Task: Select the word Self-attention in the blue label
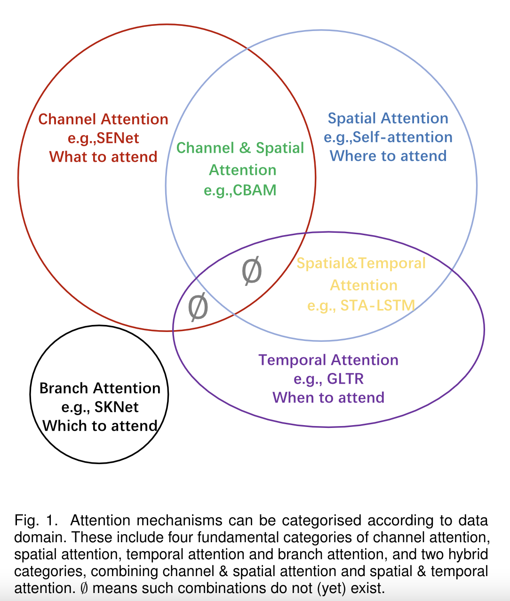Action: [402, 137]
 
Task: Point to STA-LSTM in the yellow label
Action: [377, 306]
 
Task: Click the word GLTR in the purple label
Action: [346, 379]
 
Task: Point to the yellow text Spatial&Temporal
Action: [361, 263]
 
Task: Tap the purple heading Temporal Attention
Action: [328, 360]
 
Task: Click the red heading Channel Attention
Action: [103, 119]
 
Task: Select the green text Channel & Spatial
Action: [240, 148]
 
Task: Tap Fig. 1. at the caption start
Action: [36, 521]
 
